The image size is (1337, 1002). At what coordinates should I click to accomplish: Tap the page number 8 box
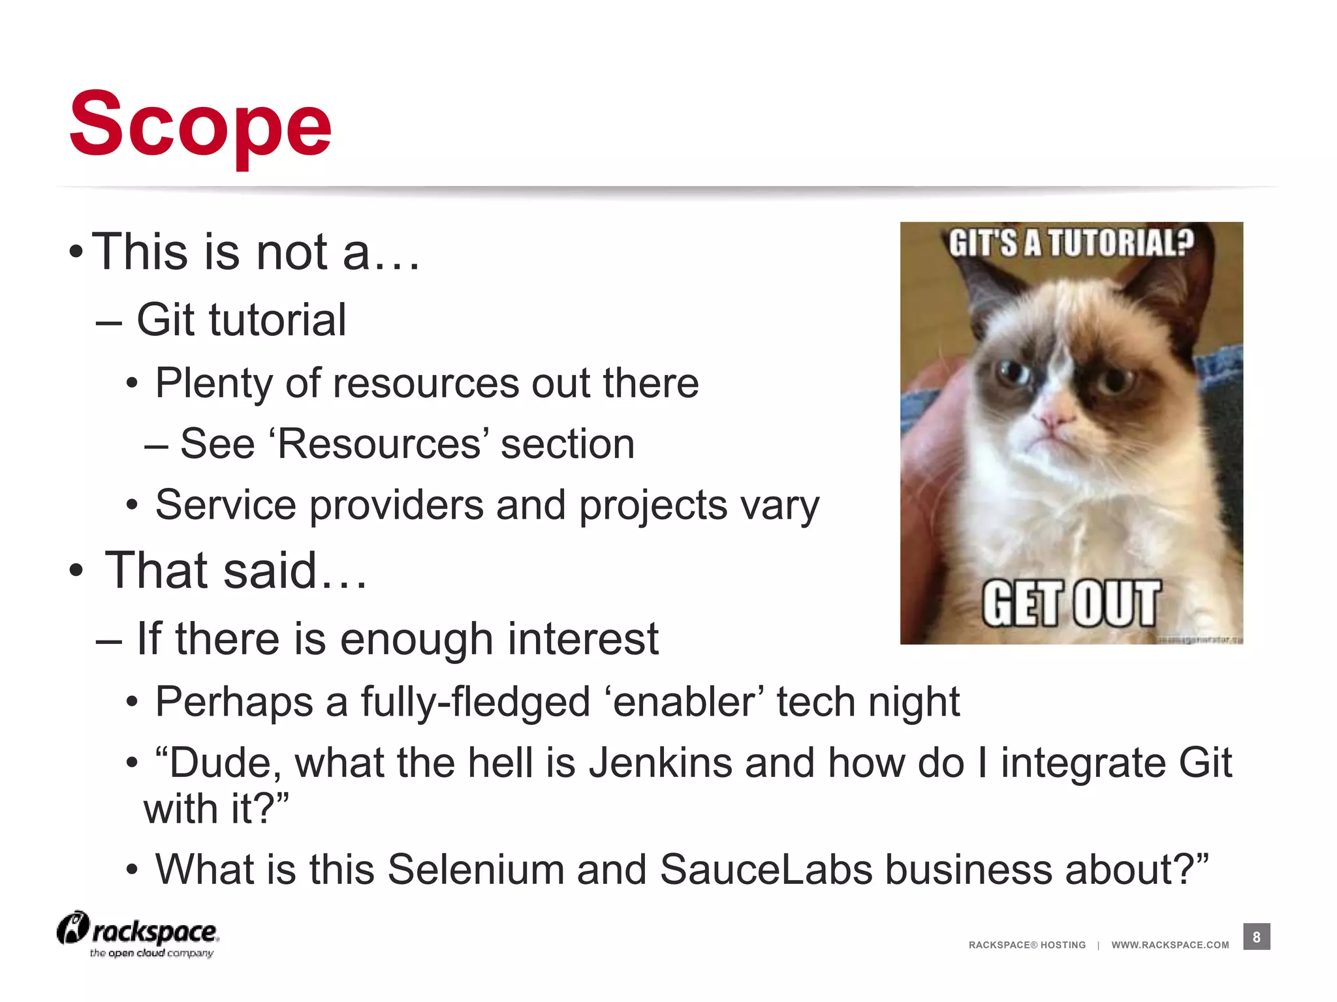1256,937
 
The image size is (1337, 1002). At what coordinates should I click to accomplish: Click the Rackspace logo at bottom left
138,934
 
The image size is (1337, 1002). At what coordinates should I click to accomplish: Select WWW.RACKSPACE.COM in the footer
1170,945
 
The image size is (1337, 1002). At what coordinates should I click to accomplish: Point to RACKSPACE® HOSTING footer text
1027,945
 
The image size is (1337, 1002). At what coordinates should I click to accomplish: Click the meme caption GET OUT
1071,603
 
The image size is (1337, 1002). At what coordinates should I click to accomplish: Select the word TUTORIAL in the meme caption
1121,243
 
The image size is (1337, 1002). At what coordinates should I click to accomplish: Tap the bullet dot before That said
76,570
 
